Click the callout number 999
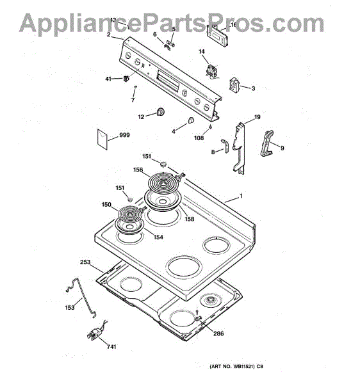click(x=124, y=135)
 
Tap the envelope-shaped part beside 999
click(x=102, y=139)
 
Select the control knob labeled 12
click(x=160, y=112)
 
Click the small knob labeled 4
click(x=191, y=120)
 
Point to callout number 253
click(x=85, y=262)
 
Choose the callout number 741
click(x=111, y=346)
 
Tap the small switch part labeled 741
click(x=95, y=332)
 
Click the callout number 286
click(x=218, y=333)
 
